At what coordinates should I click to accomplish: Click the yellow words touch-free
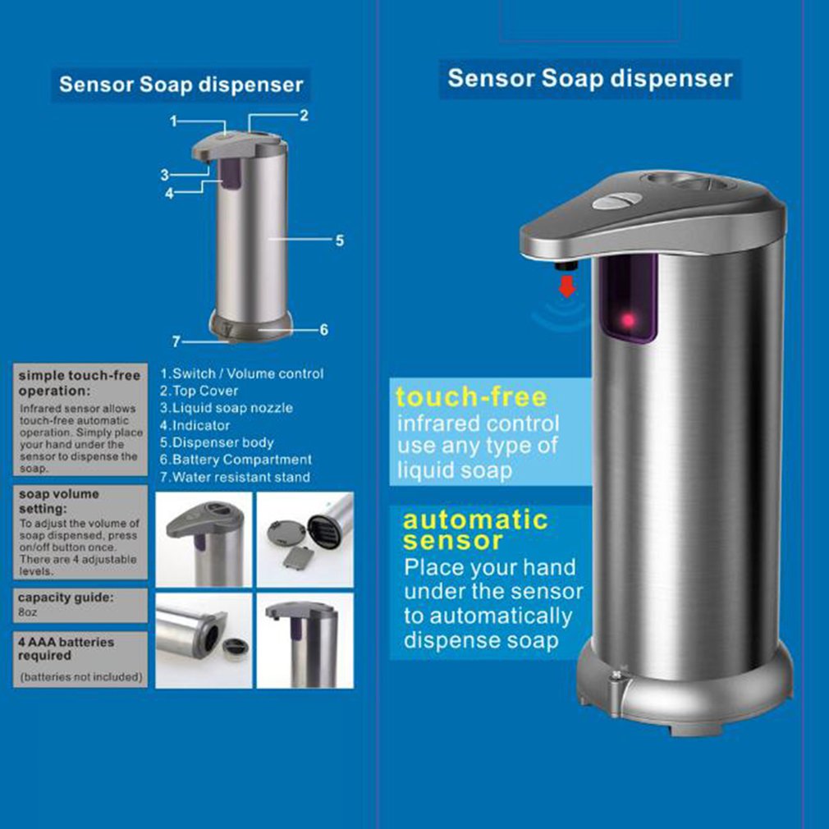[470, 397]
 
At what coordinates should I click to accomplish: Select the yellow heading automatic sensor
[475, 529]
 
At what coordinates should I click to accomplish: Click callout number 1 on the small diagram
[174, 121]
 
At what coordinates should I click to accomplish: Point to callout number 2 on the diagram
[304, 116]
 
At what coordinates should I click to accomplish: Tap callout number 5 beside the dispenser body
[338, 240]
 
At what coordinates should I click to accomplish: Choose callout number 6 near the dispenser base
[323, 329]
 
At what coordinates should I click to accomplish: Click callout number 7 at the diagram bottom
[175, 341]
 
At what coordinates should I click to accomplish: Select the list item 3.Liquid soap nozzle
[226, 408]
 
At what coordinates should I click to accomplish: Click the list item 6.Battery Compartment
[236, 460]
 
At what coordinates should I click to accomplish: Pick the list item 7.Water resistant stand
[235, 477]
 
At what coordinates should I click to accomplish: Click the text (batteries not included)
[81, 677]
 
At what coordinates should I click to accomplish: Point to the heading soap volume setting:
[58, 500]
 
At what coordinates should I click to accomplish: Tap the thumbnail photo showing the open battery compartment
[305, 540]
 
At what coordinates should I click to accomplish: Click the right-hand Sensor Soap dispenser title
[589, 79]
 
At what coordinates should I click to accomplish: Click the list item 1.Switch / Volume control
[241, 373]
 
